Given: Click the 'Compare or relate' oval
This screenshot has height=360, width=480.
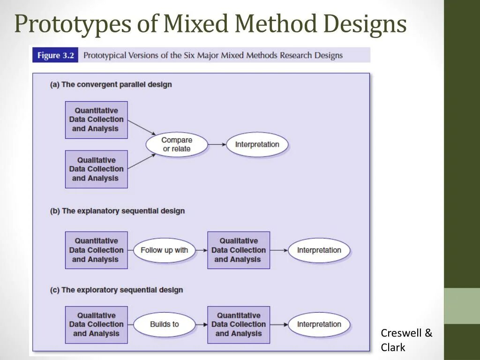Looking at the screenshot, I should click(177, 144).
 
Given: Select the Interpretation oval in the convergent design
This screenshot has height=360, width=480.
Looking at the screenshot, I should click(257, 144).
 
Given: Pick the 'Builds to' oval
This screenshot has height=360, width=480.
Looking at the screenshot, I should click(164, 324).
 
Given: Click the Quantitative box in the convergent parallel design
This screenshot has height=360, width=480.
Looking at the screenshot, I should click(96, 120).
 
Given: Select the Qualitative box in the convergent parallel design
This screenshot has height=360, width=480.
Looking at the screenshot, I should click(96, 169).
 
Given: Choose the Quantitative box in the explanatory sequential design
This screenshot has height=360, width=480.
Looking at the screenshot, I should click(96, 250).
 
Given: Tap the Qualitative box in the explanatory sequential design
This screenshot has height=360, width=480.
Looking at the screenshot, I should click(238, 250).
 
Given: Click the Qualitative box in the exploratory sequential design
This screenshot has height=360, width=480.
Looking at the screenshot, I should click(96, 324).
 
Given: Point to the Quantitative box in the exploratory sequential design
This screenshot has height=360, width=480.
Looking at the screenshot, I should click(238, 324).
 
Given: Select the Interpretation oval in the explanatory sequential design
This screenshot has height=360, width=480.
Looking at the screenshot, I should click(319, 250).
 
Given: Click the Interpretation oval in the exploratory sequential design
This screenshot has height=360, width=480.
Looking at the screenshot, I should click(319, 324).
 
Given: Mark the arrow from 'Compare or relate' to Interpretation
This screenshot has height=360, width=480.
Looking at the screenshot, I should click(217, 144).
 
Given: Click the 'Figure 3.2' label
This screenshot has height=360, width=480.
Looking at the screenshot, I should click(55, 55).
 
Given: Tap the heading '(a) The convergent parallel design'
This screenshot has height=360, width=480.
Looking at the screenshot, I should click(111, 85).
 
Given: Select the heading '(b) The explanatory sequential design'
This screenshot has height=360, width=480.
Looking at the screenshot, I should click(117, 211).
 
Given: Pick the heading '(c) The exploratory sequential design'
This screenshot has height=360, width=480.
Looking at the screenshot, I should click(116, 290).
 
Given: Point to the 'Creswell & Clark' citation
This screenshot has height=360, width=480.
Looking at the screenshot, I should click(406, 340).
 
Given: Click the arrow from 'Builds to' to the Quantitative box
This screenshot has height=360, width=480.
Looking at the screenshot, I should click(201, 324).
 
